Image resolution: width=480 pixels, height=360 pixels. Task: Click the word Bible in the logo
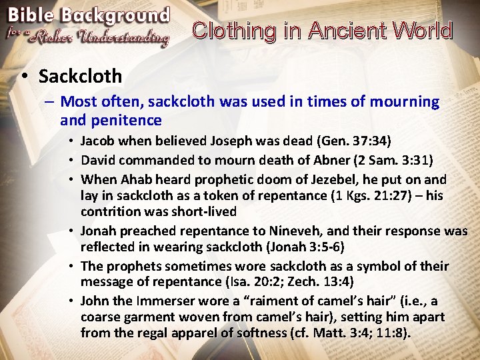tap(31, 15)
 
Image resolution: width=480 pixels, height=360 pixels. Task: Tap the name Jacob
tap(97, 141)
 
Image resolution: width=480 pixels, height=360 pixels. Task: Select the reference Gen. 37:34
tap(354, 141)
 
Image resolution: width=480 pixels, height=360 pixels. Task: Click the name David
tap(98, 160)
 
